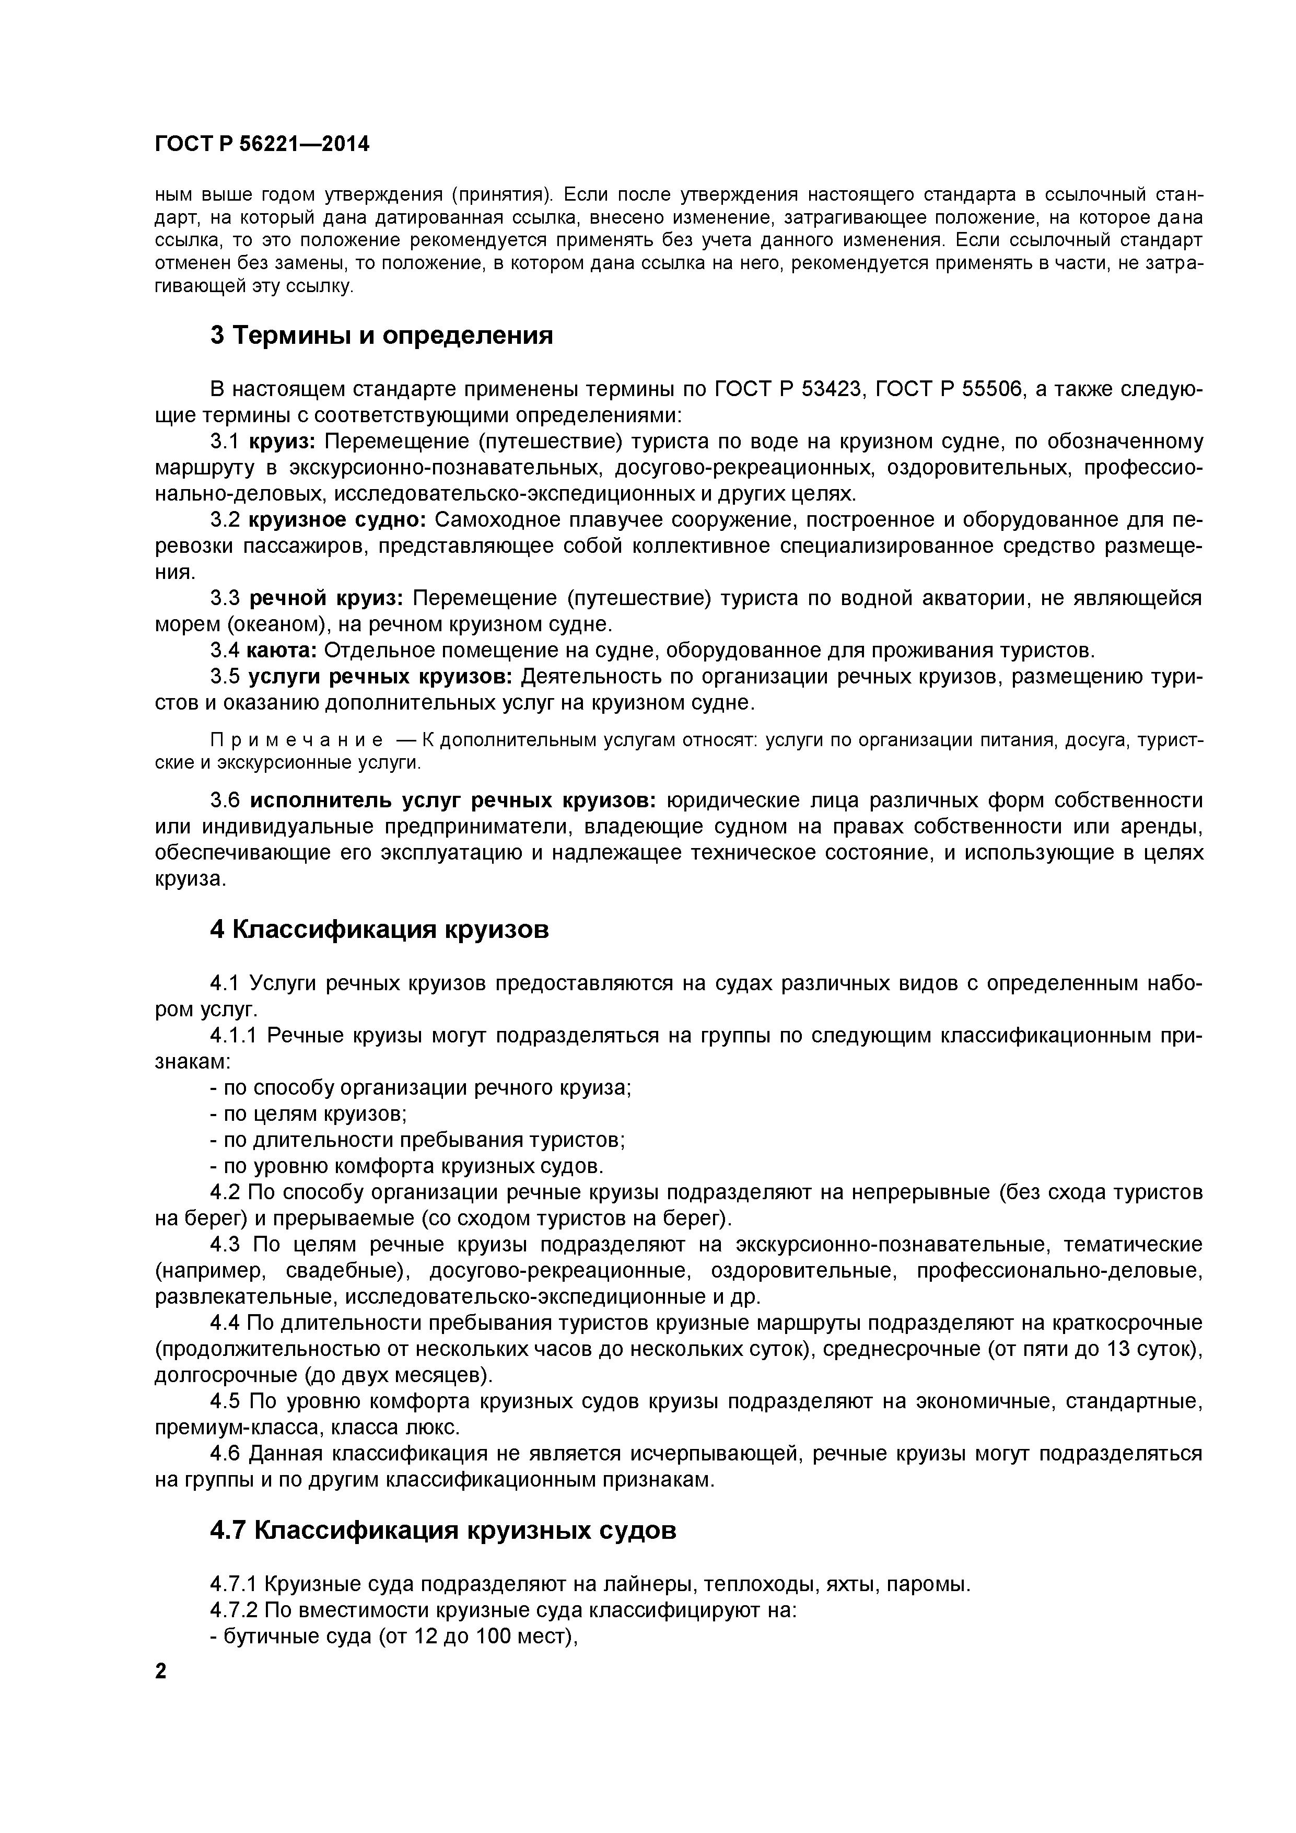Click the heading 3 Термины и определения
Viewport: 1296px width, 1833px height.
pyautogui.click(x=381, y=335)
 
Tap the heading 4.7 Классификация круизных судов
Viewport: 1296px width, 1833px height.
pyautogui.click(x=443, y=1530)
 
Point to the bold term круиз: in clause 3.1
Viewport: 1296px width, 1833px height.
pyautogui.click(x=283, y=442)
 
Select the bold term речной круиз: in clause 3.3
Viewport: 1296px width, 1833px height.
pyautogui.click(x=327, y=598)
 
